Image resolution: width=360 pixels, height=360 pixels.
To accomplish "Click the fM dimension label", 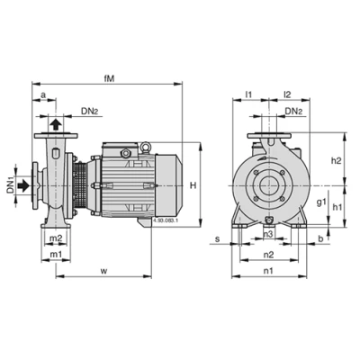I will (x=110, y=78).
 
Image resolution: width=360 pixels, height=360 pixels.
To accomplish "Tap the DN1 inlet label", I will (x=12, y=187).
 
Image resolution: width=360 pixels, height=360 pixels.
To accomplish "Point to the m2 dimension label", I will (x=56, y=238).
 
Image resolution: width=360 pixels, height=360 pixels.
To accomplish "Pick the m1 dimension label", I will (x=56, y=256).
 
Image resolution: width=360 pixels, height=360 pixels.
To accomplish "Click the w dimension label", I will (x=104, y=269).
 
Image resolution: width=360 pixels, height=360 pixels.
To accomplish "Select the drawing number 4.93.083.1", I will (x=166, y=219).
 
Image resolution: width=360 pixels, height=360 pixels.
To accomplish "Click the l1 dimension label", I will (x=249, y=94).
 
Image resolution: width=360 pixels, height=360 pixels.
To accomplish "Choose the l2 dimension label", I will (x=287, y=94).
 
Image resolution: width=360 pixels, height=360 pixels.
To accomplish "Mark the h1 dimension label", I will (x=336, y=207).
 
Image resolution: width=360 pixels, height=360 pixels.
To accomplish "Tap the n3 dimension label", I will (x=269, y=235).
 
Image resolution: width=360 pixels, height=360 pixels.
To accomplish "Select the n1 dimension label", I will (x=268, y=270).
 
